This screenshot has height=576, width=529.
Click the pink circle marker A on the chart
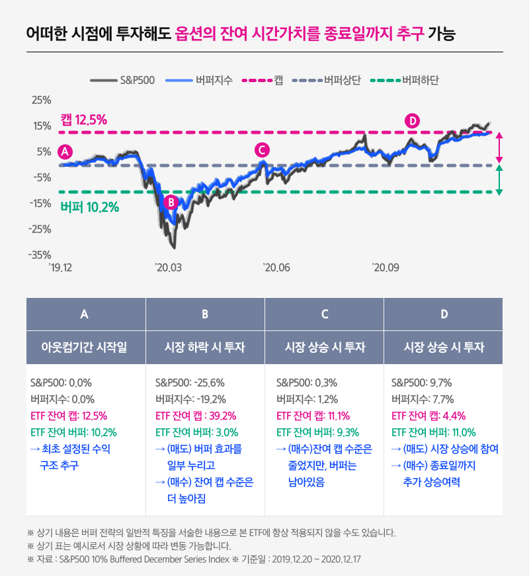(65, 151)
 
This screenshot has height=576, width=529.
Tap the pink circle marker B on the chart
(171, 202)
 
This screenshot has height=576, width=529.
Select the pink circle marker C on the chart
(263, 150)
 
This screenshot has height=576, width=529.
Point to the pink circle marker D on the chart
(412, 120)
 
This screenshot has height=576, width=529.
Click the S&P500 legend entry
(122, 80)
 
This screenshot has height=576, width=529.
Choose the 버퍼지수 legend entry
(195, 80)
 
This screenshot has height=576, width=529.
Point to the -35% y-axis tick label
(40, 255)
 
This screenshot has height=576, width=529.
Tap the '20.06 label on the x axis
(276, 267)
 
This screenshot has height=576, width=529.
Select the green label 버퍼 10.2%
(89, 207)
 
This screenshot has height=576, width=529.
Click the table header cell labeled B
(205, 314)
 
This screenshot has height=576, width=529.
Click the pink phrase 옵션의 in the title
(195, 32)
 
